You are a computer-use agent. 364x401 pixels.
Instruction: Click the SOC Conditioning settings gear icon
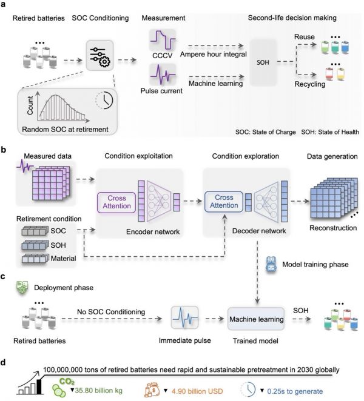pyautogui.click(x=99, y=56)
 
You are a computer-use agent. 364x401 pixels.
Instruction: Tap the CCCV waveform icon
pyautogui.click(x=163, y=40)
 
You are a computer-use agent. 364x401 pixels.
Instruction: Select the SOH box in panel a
pyautogui.click(x=263, y=62)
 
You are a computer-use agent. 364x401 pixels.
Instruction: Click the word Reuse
pyautogui.click(x=305, y=37)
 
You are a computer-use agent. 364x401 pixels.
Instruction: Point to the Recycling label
pyautogui.click(x=309, y=84)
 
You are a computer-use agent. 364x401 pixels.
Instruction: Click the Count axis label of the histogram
pyautogui.click(x=30, y=105)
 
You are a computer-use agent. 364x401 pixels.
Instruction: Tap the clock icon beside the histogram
pyautogui.click(x=104, y=100)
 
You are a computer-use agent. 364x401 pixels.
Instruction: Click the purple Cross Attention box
pyautogui.click(x=116, y=202)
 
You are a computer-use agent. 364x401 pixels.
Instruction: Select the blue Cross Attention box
pyautogui.click(x=224, y=202)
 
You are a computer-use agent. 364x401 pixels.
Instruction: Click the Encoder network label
pyautogui.click(x=153, y=232)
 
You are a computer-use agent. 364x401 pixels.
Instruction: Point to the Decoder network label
pyautogui.click(x=259, y=231)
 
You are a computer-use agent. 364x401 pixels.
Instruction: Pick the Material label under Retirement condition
pyautogui.click(x=63, y=259)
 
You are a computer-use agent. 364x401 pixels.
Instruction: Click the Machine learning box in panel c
pyautogui.click(x=256, y=319)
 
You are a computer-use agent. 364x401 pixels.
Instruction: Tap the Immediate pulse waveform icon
pyautogui.click(x=184, y=318)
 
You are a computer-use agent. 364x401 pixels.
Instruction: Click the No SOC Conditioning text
pyautogui.click(x=111, y=312)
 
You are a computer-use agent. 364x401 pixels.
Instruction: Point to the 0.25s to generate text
pyautogui.click(x=295, y=391)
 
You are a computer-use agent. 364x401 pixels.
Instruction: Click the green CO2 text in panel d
pyautogui.click(x=67, y=382)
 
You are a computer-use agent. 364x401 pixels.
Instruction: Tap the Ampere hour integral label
pyautogui.click(x=214, y=55)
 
